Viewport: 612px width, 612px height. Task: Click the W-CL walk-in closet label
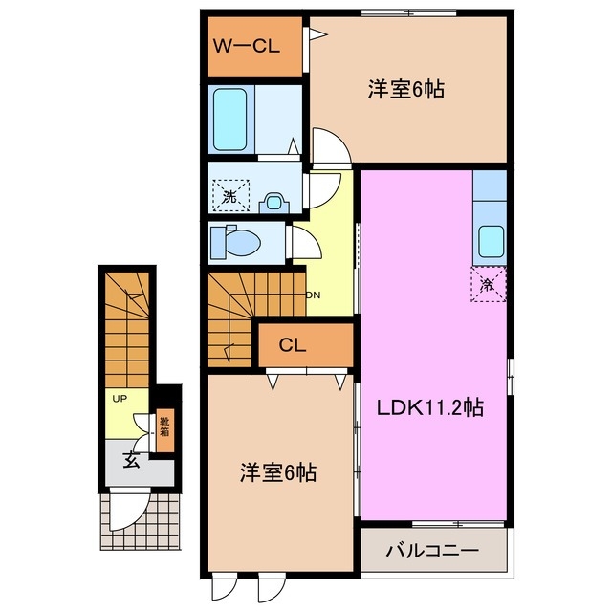246,44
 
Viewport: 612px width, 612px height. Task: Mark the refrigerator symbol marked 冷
488,283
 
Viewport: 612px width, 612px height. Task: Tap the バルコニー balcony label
432,551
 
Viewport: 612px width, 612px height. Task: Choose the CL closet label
292,345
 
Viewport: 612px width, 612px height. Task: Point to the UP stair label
120,398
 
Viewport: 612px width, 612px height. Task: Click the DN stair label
312,295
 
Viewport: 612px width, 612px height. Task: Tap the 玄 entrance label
128,460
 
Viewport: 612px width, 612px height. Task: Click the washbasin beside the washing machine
275,201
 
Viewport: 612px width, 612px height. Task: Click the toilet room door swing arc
303,243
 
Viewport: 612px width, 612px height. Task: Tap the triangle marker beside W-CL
317,34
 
